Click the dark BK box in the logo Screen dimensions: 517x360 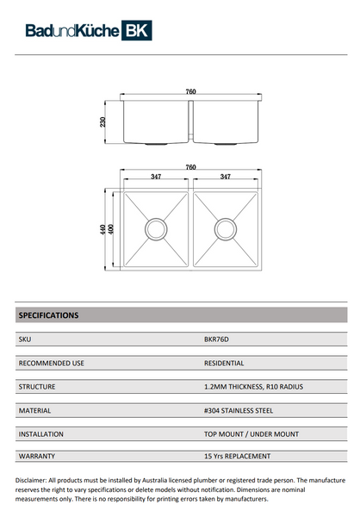click(x=138, y=32)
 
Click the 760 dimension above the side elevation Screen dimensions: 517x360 click(x=190, y=92)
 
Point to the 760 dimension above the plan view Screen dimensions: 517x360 click(x=190, y=167)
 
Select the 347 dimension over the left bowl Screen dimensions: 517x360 click(x=156, y=178)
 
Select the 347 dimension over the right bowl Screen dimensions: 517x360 click(x=225, y=178)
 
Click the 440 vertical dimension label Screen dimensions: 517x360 click(x=102, y=230)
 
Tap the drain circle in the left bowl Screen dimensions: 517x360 click(x=156, y=229)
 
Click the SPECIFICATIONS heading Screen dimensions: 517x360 click(x=48, y=315)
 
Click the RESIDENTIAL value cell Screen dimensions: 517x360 click(x=225, y=364)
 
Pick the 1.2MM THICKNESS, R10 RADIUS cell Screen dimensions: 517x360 click(x=253, y=387)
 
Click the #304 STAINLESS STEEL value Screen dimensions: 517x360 click(x=238, y=411)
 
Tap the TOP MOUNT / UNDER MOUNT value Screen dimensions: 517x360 click(x=251, y=434)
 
